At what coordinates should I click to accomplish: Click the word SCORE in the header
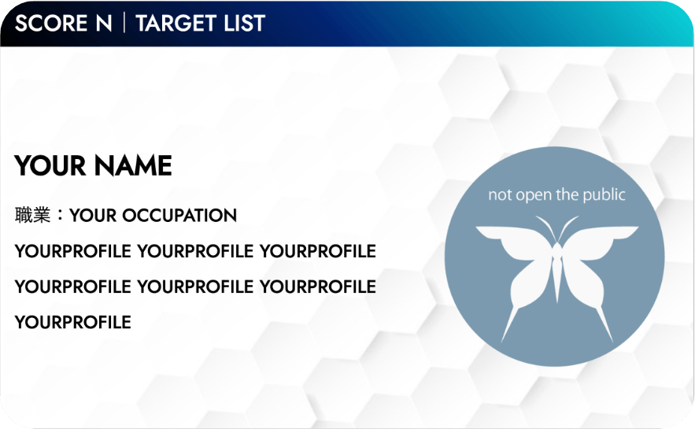pos(51,23)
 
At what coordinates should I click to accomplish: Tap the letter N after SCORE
pos(104,23)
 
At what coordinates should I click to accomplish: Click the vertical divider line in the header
pos(124,23)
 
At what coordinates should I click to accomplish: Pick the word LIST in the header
pos(244,23)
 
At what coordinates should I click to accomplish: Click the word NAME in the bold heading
pos(133,166)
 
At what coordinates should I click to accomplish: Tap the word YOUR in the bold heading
pos(50,166)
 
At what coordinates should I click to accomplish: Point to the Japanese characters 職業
pos(32,215)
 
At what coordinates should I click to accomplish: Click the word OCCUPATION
pos(179,216)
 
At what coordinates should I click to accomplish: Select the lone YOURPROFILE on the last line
pos(72,322)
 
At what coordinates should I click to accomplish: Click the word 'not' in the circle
pos(500,194)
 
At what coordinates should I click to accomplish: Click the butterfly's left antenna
pos(546,227)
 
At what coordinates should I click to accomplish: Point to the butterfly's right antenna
pos(567,227)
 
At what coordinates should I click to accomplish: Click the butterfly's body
pos(557,270)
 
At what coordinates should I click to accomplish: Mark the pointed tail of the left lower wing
pos(502,342)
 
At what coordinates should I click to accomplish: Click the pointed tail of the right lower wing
pos(612,342)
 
